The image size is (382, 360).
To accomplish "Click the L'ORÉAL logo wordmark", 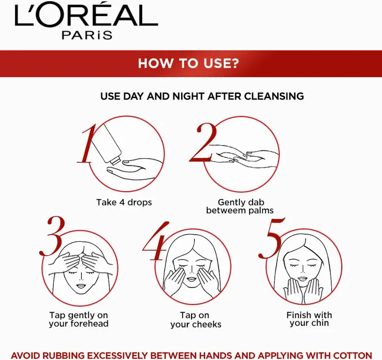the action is click(x=86, y=14).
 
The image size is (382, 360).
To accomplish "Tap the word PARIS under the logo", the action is click(x=87, y=35).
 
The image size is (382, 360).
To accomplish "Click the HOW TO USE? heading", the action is click(x=188, y=63).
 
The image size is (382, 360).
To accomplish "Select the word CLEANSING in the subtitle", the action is click(x=274, y=96).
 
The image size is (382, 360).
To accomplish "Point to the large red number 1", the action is click(x=87, y=144).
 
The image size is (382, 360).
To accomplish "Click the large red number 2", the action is click(x=203, y=142).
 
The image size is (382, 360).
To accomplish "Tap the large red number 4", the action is click(x=156, y=241).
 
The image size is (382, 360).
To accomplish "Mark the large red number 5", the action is click(x=271, y=237).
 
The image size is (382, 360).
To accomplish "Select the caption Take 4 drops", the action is click(x=124, y=202).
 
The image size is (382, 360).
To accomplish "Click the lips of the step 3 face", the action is click(x=80, y=285).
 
